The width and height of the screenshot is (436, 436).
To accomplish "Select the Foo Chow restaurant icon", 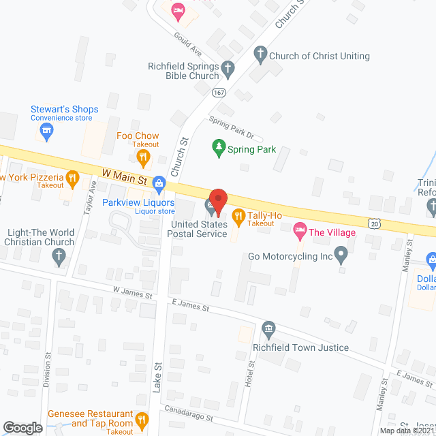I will [143, 159].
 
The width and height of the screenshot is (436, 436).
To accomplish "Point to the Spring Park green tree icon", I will [219, 149].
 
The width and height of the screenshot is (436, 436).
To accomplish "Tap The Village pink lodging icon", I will [299, 232].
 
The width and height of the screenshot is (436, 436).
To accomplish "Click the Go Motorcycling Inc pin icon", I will [342, 257].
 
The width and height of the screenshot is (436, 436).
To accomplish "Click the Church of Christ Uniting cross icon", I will [260, 55].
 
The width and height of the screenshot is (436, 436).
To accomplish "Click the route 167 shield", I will [218, 93].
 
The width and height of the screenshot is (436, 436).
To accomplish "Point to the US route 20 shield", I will [374, 223].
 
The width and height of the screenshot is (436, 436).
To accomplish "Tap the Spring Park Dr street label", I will [231, 127].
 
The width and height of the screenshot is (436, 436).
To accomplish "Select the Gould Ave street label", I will [187, 43].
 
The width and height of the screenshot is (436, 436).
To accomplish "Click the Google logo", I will [22, 427].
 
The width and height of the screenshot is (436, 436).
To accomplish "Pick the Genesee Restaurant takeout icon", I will [142, 419].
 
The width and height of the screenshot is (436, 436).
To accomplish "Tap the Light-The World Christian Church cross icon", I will [59, 257].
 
